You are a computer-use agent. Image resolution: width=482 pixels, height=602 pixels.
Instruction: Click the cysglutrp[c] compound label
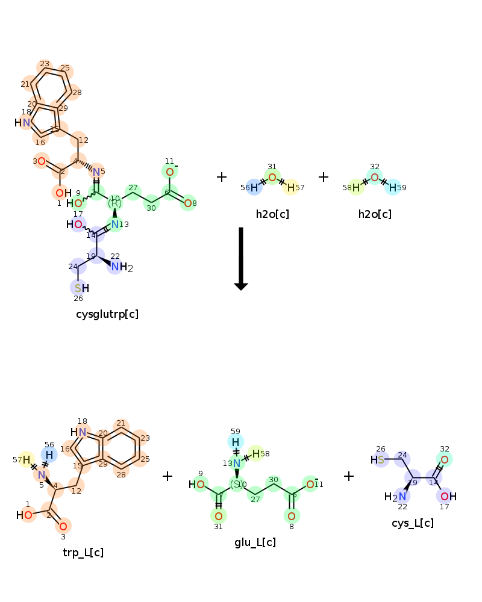click(107, 314)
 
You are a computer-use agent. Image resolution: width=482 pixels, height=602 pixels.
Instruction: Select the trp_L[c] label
click(83, 552)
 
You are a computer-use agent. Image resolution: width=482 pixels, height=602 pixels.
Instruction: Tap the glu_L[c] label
click(255, 542)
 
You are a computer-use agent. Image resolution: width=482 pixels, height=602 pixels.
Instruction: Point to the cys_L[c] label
click(412, 523)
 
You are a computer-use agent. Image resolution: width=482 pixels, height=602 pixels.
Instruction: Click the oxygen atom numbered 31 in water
click(272, 177)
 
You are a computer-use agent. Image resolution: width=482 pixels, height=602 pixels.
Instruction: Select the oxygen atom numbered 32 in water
click(374, 177)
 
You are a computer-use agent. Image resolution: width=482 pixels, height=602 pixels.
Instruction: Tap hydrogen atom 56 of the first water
click(254, 188)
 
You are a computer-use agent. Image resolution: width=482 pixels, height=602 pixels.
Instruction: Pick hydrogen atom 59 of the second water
click(392, 188)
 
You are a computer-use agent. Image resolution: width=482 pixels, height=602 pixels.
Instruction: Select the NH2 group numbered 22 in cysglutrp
click(120, 267)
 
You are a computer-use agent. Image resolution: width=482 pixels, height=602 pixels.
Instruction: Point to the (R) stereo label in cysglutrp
click(114, 203)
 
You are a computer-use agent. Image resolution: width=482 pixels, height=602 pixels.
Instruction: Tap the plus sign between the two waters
click(324, 177)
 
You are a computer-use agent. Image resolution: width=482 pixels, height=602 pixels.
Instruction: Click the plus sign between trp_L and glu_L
click(167, 476)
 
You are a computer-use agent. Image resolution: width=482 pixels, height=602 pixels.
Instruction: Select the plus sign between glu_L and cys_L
click(348, 476)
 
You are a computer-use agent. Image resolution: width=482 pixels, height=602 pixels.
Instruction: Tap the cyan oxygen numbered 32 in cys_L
click(444, 460)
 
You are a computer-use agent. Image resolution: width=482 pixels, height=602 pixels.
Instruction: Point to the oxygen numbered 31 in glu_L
click(219, 516)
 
